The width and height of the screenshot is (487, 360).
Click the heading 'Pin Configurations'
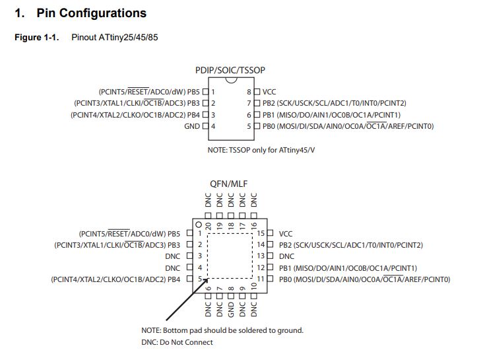pyautogui.click(x=91, y=13)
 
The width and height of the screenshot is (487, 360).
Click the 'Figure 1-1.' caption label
pyautogui.click(x=37, y=37)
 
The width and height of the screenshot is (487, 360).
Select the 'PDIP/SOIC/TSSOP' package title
pyautogui.click(x=230, y=70)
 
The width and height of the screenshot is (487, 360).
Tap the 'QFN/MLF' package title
pyautogui.click(x=230, y=184)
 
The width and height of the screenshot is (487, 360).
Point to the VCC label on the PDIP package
pyautogui.click(x=269, y=92)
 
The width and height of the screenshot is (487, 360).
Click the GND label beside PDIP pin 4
pyautogui.click(x=191, y=126)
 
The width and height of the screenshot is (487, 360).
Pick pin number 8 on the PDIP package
pyautogui.click(x=249, y=92)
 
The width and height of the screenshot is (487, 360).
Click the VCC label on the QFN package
pyautogui.click(x=286, y=234)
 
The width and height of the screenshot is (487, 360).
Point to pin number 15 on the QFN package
pyautogui.click(x=261, y=234)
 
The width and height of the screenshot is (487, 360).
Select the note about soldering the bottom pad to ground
pyautogui.click(x=222, y=330)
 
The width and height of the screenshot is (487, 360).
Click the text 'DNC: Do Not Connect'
pyautogui.click(x=177, y=342)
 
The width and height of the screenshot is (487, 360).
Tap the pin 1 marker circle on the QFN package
pyautogui.click(x=197, y=225)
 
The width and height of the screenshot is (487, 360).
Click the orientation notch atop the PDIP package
pyautogui.click(x=230, y=81)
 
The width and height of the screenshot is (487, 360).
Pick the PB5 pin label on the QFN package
pyautogui.click(x=174, y=234)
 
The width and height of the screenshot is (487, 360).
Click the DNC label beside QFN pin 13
pyautogui.click(x=286, y=256)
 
